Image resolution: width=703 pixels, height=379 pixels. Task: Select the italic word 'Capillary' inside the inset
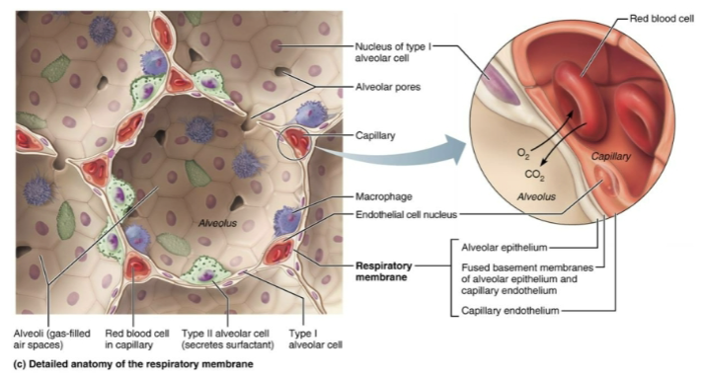coord(611,157)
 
